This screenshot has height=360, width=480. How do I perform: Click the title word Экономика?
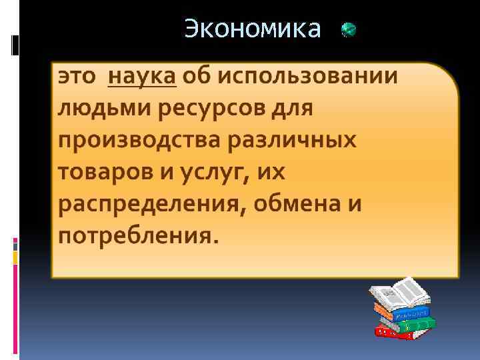(252, 29)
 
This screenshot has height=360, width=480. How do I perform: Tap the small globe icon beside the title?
(349, 30)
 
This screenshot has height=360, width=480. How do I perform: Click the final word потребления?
(137, 235)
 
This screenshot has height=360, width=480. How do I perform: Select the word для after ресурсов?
(291, 109)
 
